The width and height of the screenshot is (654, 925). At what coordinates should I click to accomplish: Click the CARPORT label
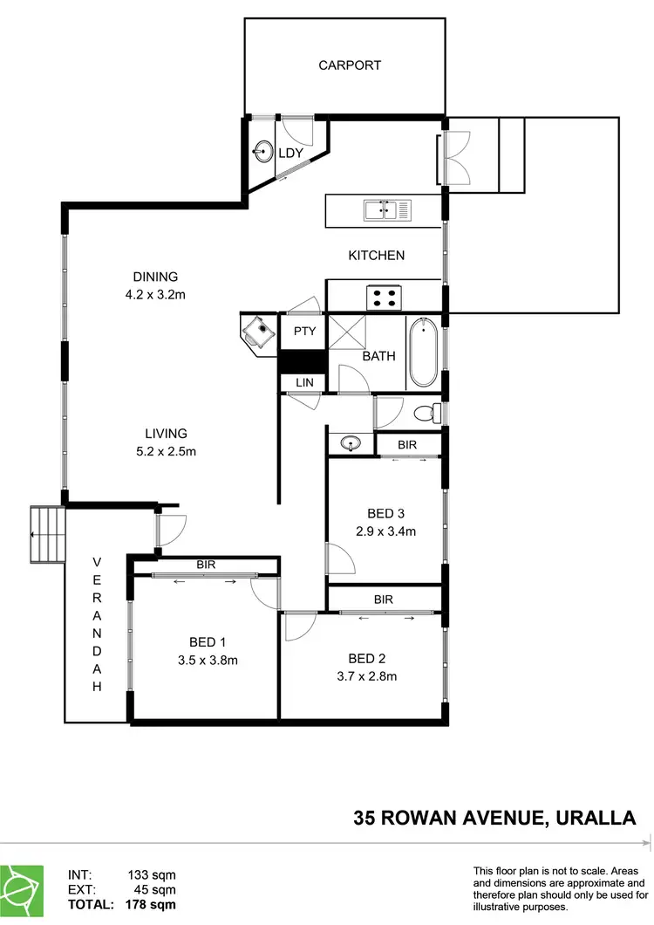[x=349, y=65]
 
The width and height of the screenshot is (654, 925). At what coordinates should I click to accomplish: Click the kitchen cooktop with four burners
[x=383, y=297]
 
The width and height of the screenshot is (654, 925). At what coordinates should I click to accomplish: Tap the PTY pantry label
[x=303, y=332]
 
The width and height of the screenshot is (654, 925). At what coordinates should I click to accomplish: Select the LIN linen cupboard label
[x=303, y=382]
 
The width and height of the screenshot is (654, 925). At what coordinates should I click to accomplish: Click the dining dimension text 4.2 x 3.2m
[x=155, y=295]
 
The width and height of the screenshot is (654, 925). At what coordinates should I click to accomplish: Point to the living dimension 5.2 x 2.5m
[x=167, y=451]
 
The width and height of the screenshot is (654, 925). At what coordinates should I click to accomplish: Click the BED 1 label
[x=205, y=643]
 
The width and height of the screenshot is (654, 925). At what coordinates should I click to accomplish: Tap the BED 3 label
[x=385, y=513]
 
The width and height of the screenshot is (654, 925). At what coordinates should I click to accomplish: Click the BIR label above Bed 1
[x=206, y=565]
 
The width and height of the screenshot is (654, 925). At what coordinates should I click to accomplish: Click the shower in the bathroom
[x=344, y=332]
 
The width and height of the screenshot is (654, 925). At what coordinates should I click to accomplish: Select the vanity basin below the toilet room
[x=351, y=443]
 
